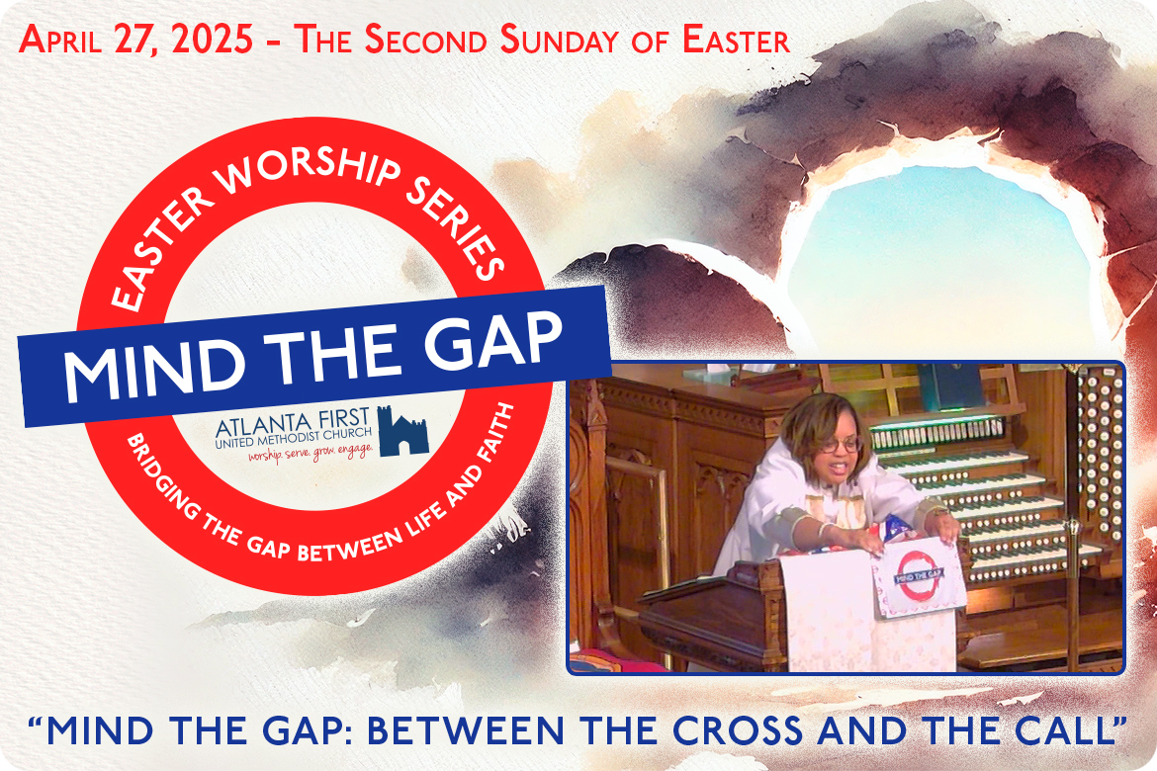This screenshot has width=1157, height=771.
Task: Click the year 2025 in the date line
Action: [x=212, y=40]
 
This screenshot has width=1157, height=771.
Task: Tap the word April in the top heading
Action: [x=60, y=40]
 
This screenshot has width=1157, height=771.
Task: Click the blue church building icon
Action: [x=402, y=432]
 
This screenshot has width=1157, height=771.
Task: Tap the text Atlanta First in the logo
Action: [x=293, y=423]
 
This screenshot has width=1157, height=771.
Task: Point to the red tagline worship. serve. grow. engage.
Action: [x=310, y=452]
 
